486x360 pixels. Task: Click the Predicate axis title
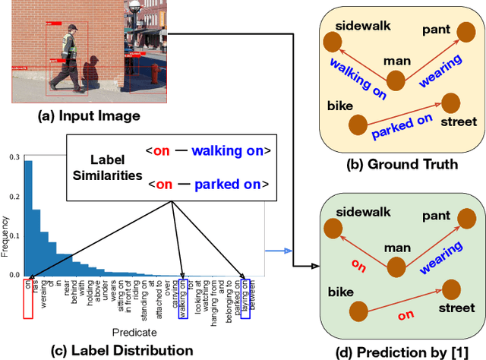click(x=135, y=332)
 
